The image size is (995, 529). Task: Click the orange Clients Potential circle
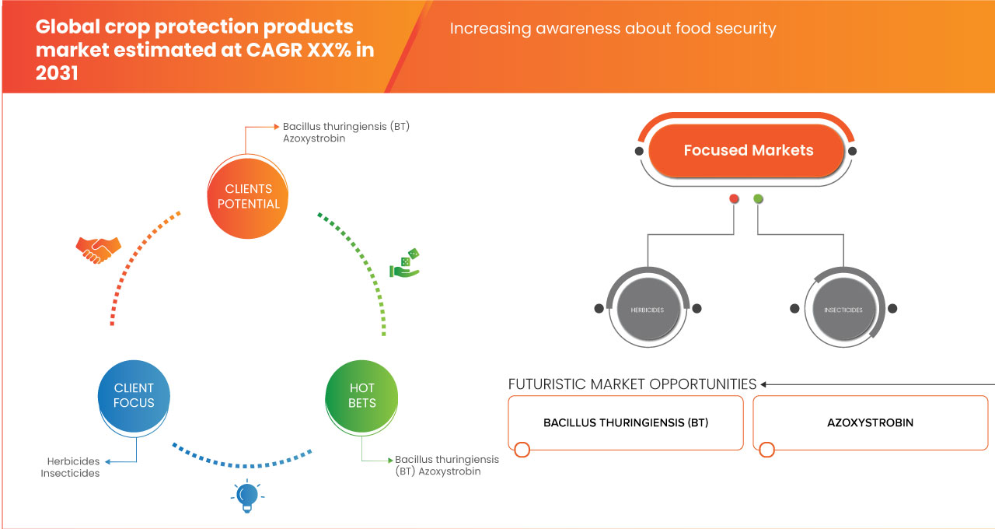[x=249, y=196]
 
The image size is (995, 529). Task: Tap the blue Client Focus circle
[x=134, y=394]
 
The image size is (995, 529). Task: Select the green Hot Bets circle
[x=361, y=394]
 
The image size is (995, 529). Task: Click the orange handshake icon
[x=98, y=250]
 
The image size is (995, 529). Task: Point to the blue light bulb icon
[x=246, y=496]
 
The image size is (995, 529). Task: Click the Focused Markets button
[x=748, y=150]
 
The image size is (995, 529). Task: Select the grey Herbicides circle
[x=647, y=310]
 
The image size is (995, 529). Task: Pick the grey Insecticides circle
[x=843, y=310]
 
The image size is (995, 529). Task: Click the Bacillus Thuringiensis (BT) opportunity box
[x=625, y=422]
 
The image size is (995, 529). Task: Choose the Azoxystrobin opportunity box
[x=870, y=422]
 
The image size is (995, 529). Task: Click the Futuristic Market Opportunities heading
[x=632, y=384]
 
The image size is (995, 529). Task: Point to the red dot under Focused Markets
[x=734, y=199]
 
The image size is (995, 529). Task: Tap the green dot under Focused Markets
[x=758, y=199]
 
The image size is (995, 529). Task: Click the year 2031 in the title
[x=57, y=74]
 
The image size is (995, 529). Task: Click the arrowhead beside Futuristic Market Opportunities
[x=764, y=384]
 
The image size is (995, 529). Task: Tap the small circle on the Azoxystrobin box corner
[x=767, y=450]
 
